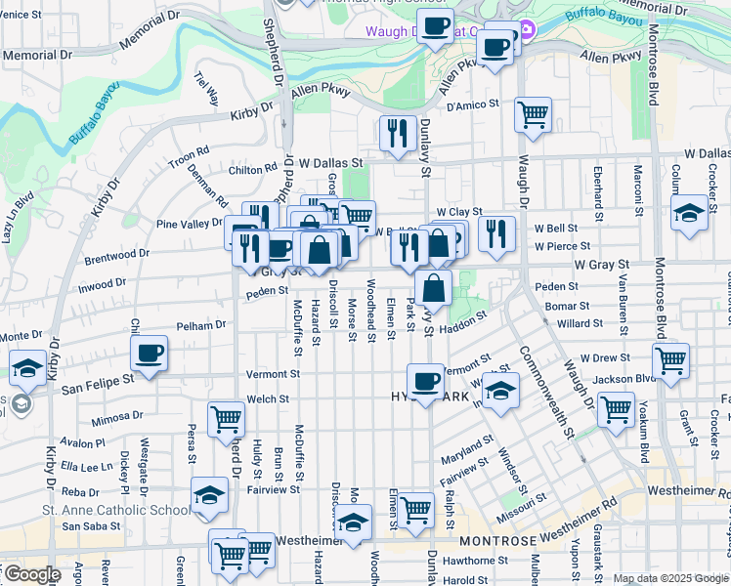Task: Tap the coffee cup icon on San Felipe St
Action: [x=150, y=355]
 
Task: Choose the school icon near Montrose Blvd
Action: [x=689, y=215]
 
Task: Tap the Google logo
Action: [x=32, y=574]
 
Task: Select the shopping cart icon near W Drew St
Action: [x=670, y=360]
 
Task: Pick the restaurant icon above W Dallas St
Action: [x=397, y=133]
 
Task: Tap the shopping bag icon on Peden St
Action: [x=433, y=289]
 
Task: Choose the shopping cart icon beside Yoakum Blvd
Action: [x=617, y=410]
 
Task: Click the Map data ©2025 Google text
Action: [x=670, y=578]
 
